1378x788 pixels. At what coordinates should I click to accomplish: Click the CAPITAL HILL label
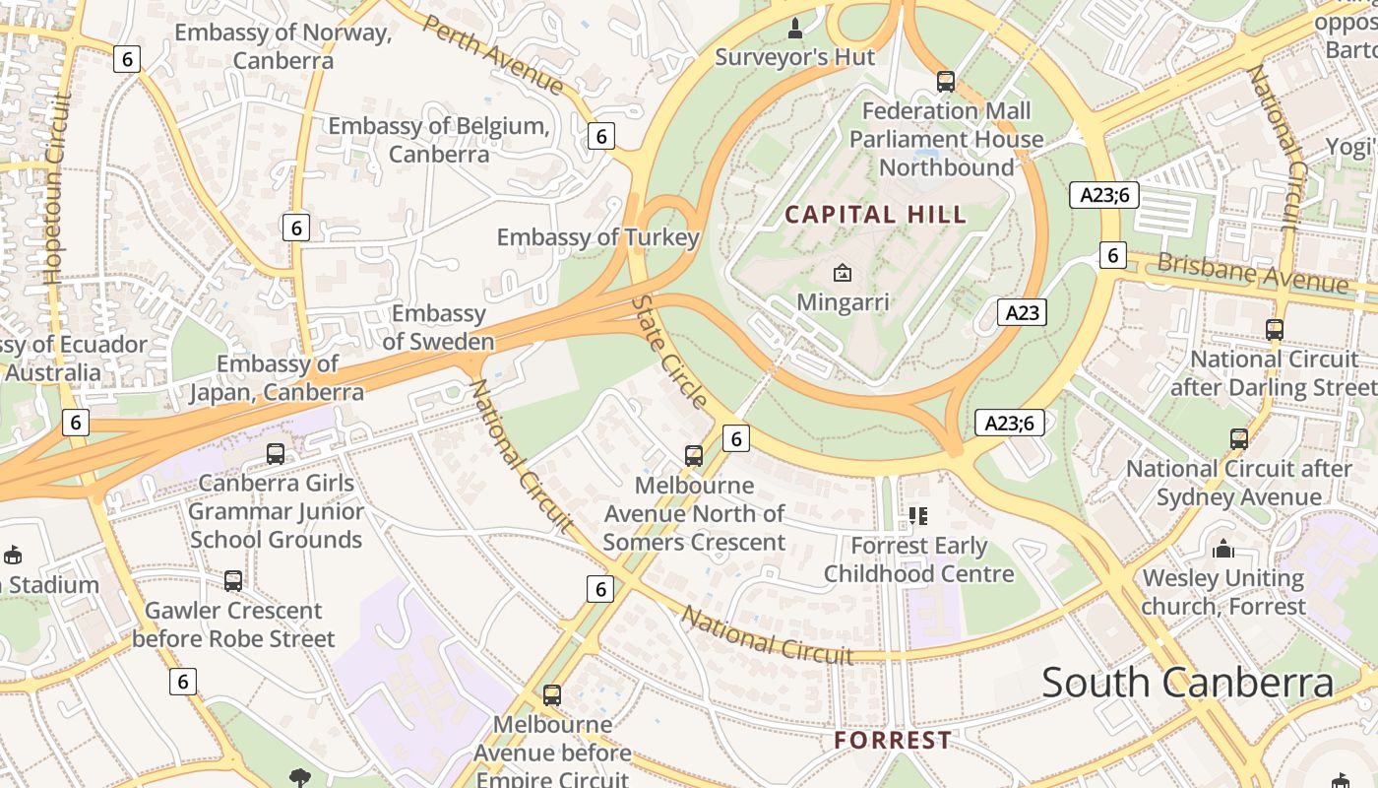[x=875, y=215]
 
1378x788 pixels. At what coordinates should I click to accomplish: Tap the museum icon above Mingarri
[x=843, y=273]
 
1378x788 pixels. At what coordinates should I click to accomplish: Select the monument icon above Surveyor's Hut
[x=795, y=28]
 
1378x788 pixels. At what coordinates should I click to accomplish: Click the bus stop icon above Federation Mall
[x=946, y=81]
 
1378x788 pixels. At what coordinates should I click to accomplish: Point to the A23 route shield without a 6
[x=1022, y=313]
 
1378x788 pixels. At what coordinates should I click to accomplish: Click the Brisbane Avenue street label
[x=1252, y=274]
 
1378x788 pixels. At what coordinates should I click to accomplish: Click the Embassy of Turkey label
[x=598, y=237]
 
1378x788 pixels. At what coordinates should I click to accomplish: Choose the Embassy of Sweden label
[x=439, y=328]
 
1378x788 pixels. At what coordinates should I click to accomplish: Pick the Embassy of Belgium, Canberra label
[x=439, y=140]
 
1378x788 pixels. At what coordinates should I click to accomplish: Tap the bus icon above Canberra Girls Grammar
[x=276, y=454]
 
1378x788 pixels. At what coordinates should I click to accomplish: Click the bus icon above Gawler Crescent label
[x=233, y=581]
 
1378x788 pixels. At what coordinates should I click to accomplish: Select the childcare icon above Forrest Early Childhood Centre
[x=918, y=515]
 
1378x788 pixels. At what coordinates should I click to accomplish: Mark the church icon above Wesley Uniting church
[x=1223, y=549]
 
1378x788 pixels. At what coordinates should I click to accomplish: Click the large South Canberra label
[x=1187, y=683]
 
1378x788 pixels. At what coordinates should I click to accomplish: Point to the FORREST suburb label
[x=893, y=740]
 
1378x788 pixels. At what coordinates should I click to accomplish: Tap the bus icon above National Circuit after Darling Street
[x=1275, y=330]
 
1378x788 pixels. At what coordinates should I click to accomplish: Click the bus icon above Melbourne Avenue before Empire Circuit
[x=552, y=695]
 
